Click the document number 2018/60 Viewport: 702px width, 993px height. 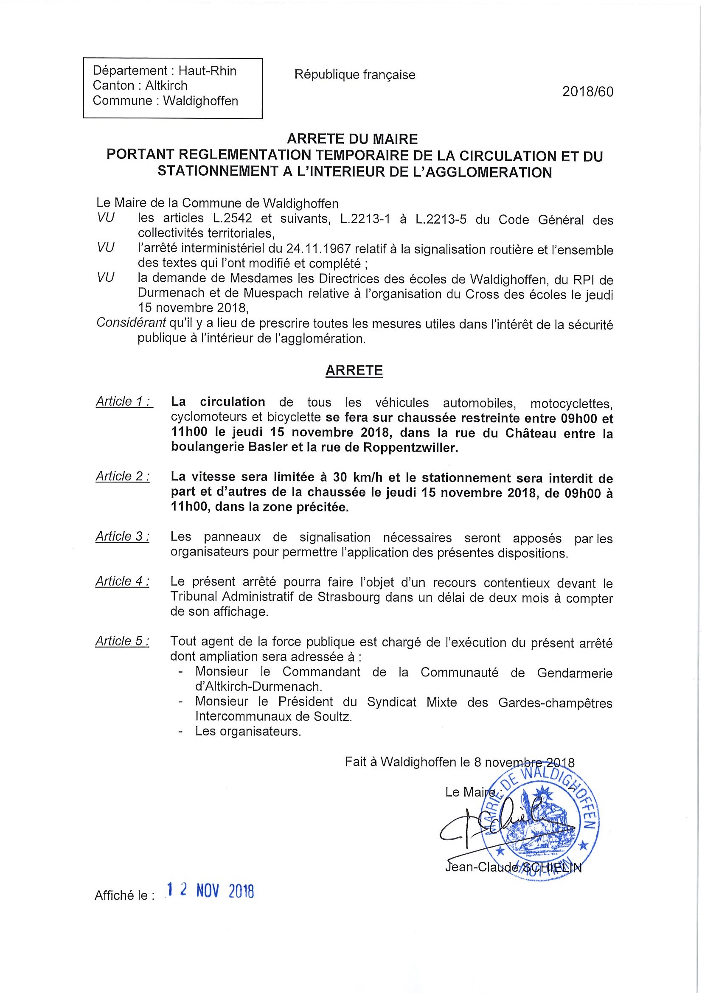coord(587,92)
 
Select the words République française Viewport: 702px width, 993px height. coord(355,75)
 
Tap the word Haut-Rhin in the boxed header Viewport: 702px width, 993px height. coord(208,71)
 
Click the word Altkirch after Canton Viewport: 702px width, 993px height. coord(166,86)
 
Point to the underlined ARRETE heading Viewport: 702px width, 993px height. coord(354,370)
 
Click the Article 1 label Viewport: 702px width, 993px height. coord(124,402)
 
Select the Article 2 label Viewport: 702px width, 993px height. coord(123,477)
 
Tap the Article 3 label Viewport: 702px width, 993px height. coord(123,537)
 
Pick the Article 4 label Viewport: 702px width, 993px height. coord(123,582)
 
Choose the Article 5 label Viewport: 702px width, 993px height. coord(123,641)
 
